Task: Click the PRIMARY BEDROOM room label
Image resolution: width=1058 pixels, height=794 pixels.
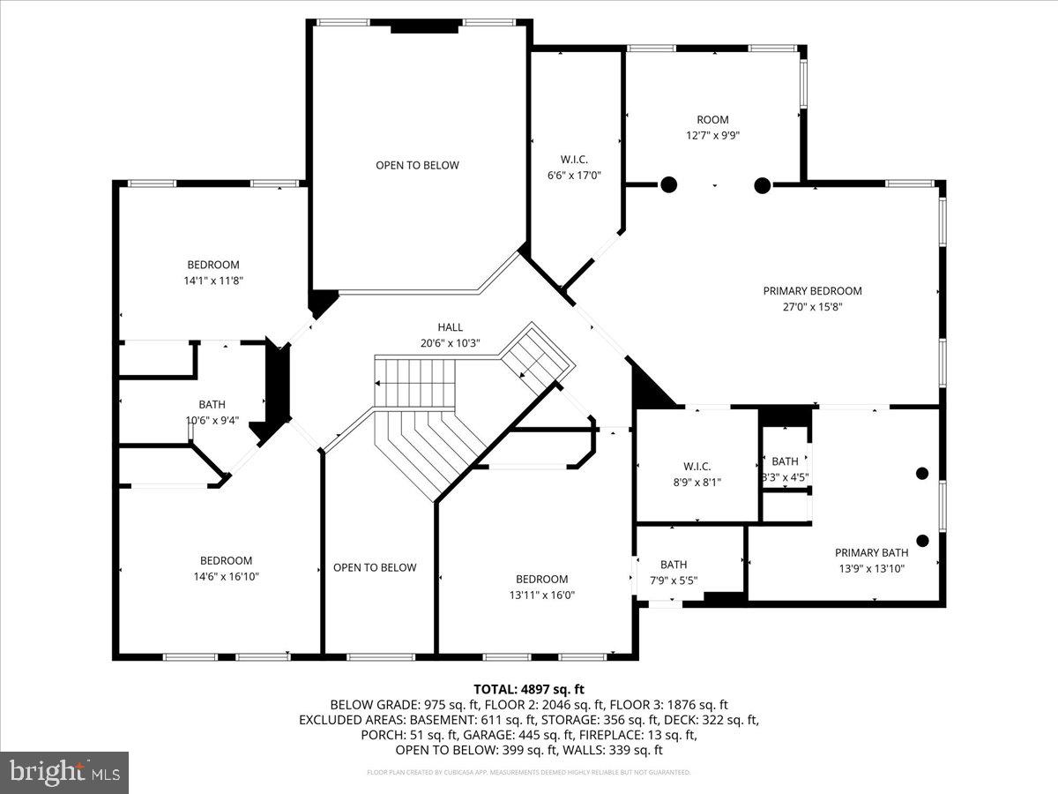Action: coord(812,291)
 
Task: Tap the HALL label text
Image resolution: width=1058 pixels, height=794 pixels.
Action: coord(450,327)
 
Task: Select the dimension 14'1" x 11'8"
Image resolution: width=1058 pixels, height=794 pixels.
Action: coord(213,281)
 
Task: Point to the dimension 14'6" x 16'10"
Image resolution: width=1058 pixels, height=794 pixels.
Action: coord(226,576)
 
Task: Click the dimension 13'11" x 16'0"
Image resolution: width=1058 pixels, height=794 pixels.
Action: coord(541,595)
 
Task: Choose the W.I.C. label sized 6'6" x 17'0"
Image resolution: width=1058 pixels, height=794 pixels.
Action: coord(574,160)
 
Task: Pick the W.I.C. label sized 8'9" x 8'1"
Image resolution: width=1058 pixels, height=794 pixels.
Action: coord(697,466)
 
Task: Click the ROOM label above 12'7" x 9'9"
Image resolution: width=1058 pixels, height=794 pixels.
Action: coord(712,120)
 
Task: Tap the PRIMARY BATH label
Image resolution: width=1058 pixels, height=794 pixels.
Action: coord(870,553)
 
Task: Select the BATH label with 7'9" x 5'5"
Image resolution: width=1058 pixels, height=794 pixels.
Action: coord(674,565)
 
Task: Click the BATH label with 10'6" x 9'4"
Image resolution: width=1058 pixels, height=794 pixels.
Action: coord(212,405)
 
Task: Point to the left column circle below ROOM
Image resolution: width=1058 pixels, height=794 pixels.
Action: coord(669,184)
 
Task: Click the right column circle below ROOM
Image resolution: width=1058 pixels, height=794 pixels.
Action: coord(763,184)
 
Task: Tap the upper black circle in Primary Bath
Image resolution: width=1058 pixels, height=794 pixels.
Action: coord(922,473)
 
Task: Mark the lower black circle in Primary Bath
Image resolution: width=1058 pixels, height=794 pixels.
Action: coord(922,541)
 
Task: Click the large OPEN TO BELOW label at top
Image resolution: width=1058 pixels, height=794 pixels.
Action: coord(417,166)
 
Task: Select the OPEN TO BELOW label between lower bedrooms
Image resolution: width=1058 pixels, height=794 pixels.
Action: coord(375,567)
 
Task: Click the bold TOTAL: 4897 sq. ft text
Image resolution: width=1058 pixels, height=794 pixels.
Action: coord(528,689)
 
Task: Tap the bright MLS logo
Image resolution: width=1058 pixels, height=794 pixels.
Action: coord(64,772)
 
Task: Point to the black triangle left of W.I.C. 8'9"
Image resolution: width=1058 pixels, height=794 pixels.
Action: coord(648,390)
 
